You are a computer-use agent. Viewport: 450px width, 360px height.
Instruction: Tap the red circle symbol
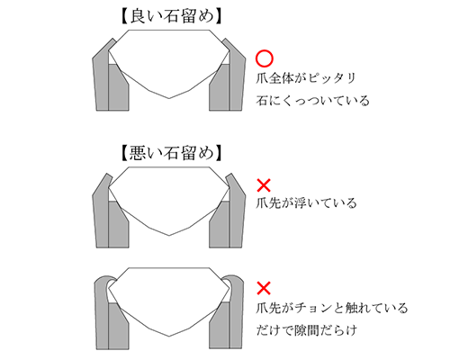[x=265, y=58]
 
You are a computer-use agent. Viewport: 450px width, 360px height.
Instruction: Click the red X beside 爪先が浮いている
[x=264, y=185]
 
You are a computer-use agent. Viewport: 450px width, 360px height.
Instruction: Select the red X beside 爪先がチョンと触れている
[x=264, y=288]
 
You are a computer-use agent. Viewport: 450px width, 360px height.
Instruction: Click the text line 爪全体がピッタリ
[x=306, y=78]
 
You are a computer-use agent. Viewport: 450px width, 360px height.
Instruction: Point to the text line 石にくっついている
[x=312, y=101]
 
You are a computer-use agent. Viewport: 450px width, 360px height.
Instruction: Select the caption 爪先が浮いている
[x=306, y=203]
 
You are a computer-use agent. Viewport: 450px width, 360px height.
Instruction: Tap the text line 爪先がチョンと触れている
[x=332, y=308]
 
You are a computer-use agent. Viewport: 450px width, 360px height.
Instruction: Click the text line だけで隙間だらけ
[x=307, y=330]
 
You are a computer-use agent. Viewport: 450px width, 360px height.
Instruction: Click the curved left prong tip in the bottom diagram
[x=106, y=279]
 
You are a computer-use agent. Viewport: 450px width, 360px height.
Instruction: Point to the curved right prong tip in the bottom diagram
[x=232, y=279]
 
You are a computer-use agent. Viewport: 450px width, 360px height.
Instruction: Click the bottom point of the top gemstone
[x=169, y=98]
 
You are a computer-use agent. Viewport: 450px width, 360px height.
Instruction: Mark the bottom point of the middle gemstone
[x=169, y=235]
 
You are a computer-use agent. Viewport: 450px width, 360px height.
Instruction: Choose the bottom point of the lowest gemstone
[x=169, y=336]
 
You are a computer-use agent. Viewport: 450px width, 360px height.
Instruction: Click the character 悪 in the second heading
[x=138, y=153]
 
